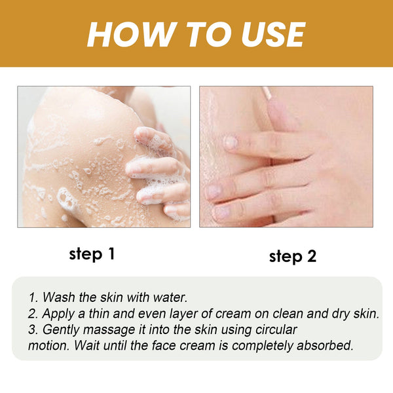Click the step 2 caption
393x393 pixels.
(x=292, y=256)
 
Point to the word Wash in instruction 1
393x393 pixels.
(x=60, y=298)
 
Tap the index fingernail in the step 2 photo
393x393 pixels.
(x=230, y=141)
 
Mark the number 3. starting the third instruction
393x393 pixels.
(x=35, y=329)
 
